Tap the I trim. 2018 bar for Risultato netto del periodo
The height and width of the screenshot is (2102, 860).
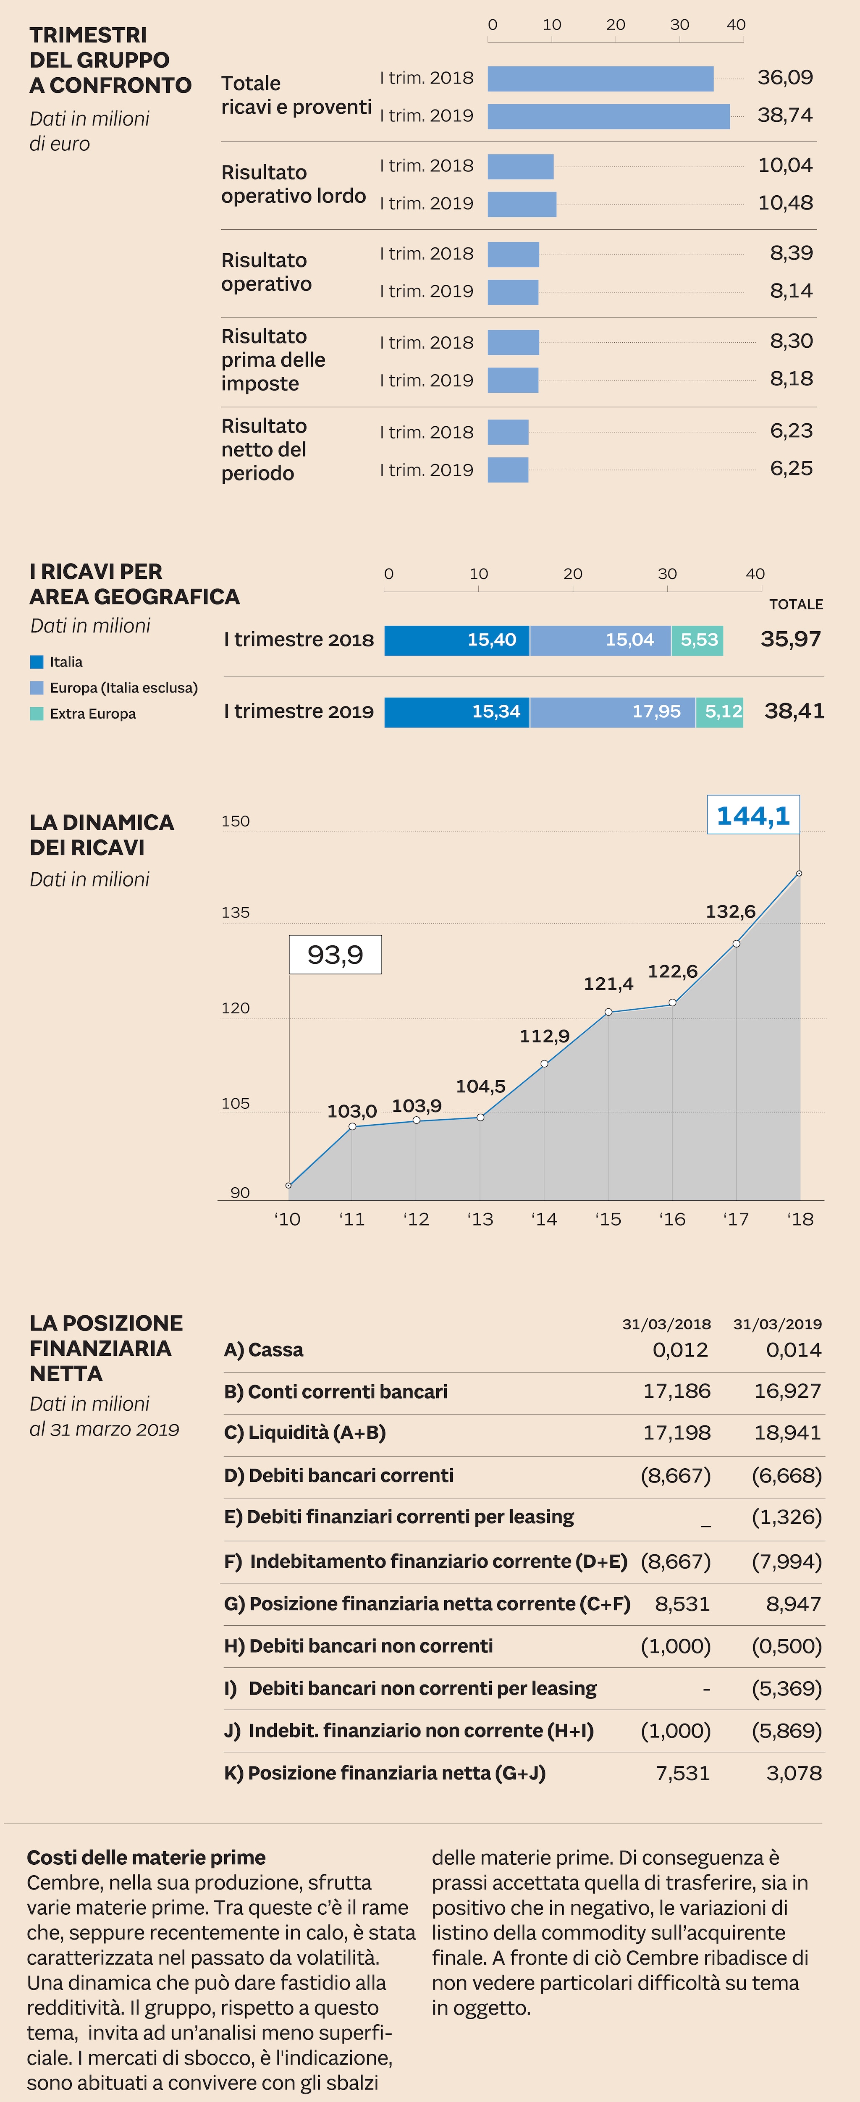pyautogui.click(x=508, y=432)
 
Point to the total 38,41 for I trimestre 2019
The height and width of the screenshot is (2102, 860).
pyautogui.click(x=793, y=711)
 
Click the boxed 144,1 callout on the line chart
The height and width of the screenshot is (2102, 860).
pyautogui.click(x=752, y=815)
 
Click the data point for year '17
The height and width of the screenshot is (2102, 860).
pyautogui.click(x=736, y=943)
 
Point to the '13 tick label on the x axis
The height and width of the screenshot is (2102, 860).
pyautogui.click(x=480, y=1219)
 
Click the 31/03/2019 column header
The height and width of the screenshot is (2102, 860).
pyautogui.click(x=777, y=1323)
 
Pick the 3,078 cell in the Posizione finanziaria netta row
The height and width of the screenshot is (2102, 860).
pyautogui.click(x=793, y=1772)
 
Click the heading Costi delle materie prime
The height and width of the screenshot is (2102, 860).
pyautogui.click(x=146, y=1857)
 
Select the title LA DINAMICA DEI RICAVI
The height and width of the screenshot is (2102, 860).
pyautogui.click(x=101, y=835)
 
